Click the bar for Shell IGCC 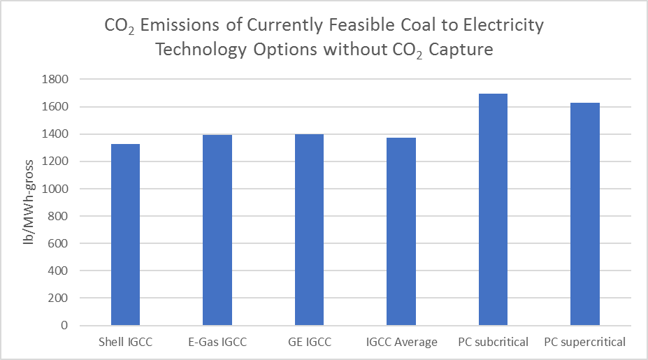[125, 235]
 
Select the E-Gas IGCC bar [217, 230]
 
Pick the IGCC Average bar [401, 231]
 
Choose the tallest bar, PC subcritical [493, 210]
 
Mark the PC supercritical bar [584, 214]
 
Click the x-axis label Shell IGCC [125, 342]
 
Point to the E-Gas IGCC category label [217, 342]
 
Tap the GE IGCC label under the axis [309, 342]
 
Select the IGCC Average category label [401, 342]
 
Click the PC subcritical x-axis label [493, 342]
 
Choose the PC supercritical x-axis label [584, 342]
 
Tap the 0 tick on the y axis [65, 326]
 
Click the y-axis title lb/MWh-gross [28, 203]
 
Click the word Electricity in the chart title [503, 27]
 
